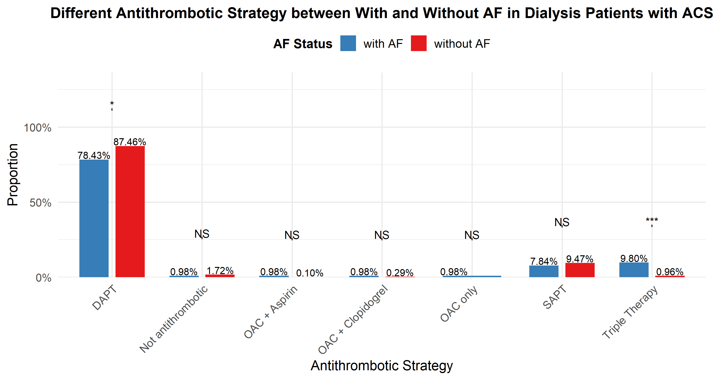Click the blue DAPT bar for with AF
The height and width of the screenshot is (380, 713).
94,218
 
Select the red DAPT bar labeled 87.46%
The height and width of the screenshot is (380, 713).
130,211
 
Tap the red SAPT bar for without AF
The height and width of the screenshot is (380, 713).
580,270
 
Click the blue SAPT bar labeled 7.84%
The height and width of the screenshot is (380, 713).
544,271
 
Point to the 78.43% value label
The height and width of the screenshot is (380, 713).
94,155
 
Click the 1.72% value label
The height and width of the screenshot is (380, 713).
220,271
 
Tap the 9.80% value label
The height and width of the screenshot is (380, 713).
634,258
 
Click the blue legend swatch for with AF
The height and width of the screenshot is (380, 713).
348,43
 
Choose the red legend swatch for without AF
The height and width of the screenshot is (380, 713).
419,43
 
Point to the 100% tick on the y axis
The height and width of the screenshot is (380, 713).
38,128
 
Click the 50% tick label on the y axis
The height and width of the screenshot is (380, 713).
40,203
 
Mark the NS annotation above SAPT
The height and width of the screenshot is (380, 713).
562,222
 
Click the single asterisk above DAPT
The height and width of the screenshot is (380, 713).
112,104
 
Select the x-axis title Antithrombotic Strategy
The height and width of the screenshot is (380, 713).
382,365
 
